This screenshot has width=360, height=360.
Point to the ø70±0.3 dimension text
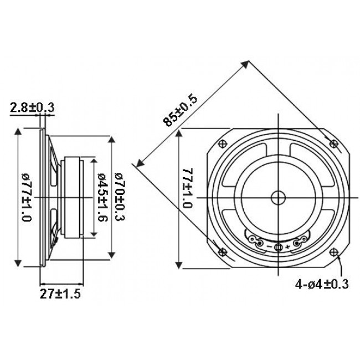coord(119,197)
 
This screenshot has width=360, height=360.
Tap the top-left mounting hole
coord(223,143)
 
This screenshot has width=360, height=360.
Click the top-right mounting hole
coord(333,143)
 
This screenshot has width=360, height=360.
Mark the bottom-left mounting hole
coord(223,252)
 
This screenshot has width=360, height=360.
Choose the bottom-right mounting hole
coord(333,252)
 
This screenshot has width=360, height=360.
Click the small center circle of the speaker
coord(278,197)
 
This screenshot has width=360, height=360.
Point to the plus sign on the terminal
coord(287,245)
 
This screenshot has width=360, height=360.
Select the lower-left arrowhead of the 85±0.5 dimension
coord(139,163)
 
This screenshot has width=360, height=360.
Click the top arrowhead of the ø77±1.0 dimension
coord(20,131)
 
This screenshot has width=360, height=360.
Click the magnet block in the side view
coord(74,198)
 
